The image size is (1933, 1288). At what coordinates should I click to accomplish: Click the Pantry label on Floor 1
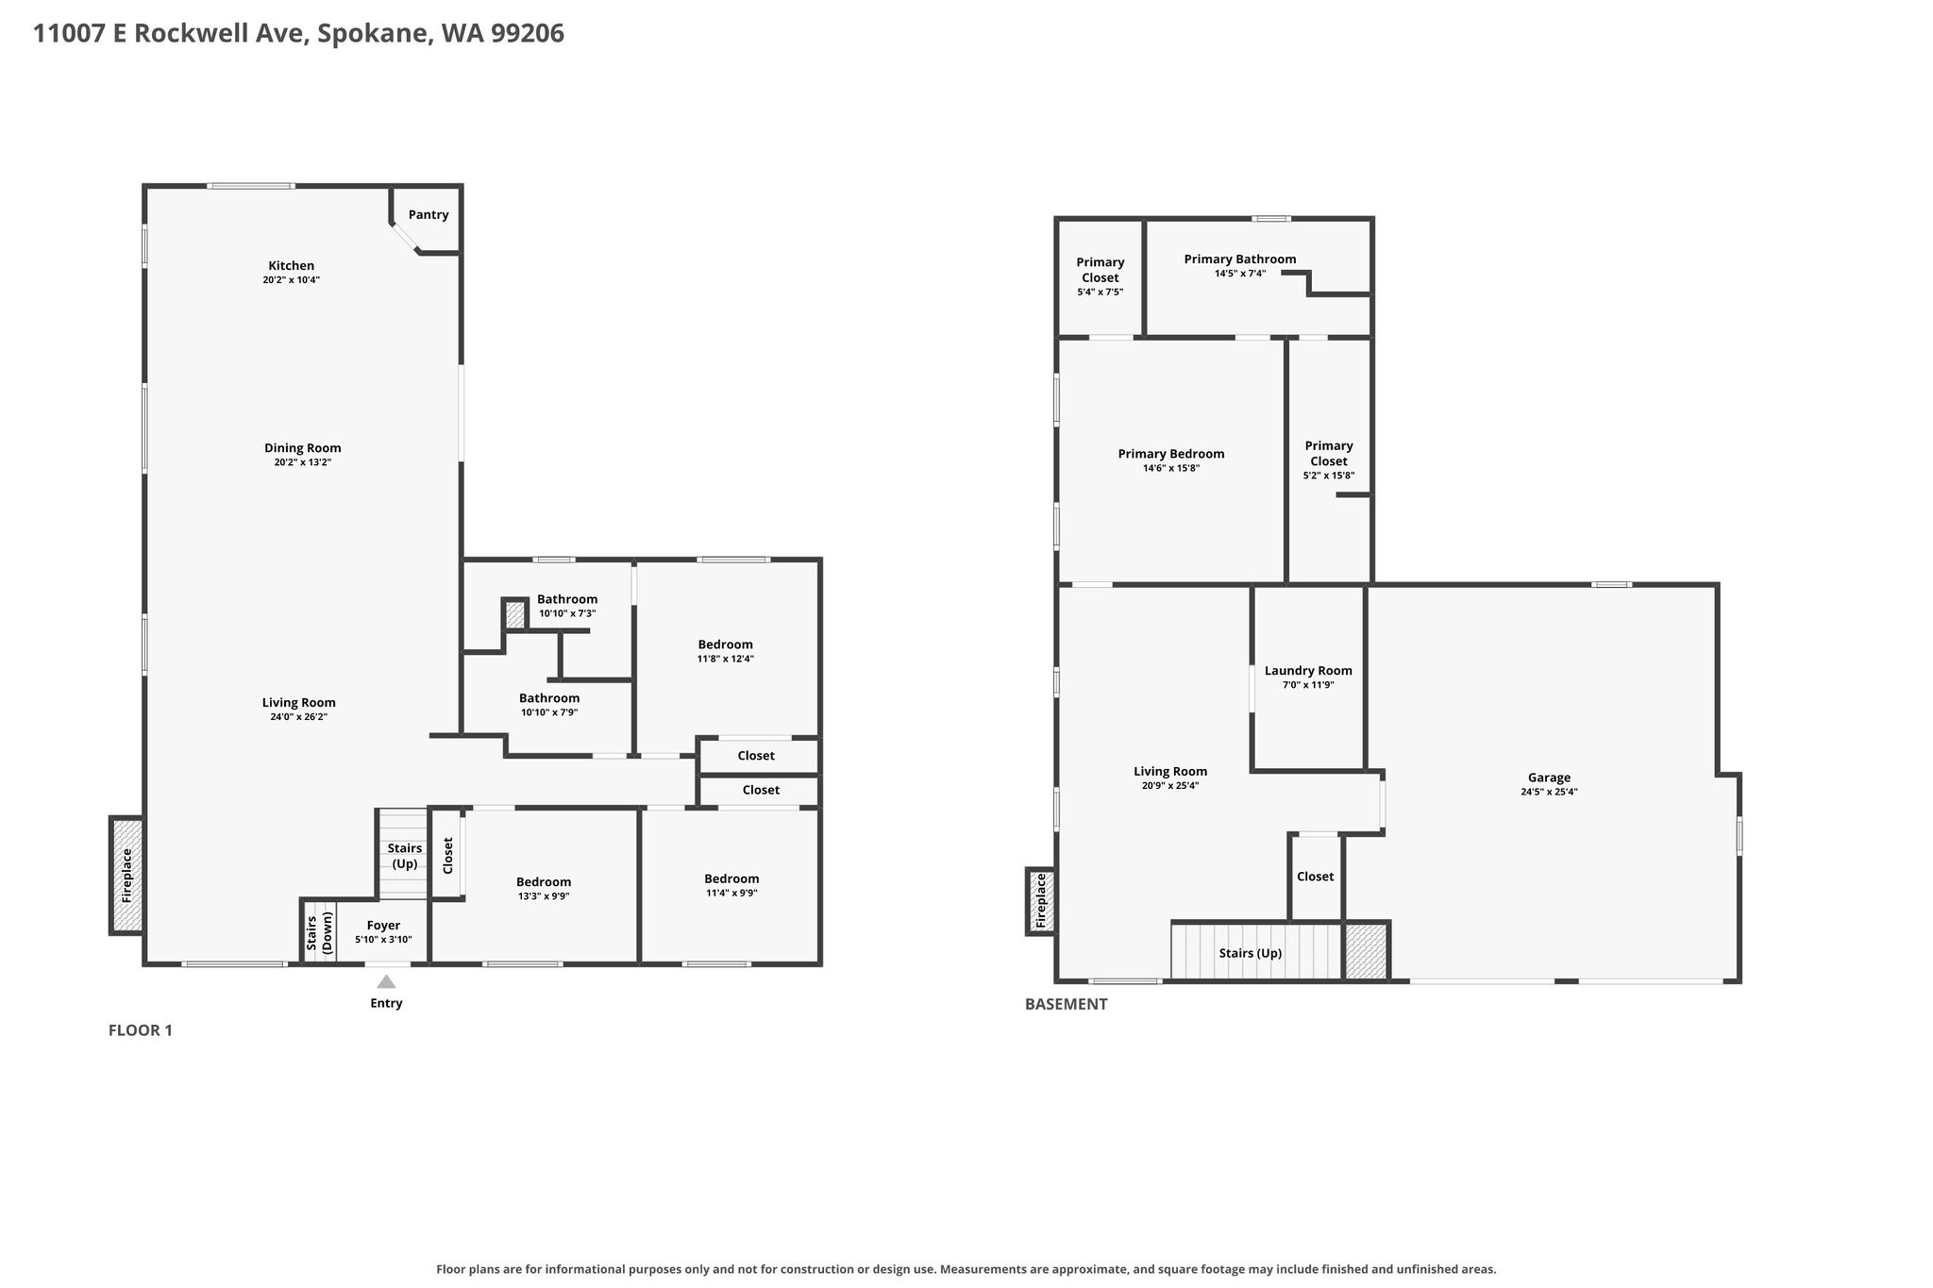[429, 215]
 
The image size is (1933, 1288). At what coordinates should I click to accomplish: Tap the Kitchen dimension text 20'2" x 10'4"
[292, 280]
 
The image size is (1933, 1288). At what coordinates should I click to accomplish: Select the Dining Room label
[303, 448]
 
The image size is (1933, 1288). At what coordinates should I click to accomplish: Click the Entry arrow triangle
[386, 981]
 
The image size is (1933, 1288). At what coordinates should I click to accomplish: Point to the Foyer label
[383, 926]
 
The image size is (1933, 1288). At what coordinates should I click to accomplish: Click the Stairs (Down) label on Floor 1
[319, 932]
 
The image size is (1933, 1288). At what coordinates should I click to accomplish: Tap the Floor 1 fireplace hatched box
[127, 875]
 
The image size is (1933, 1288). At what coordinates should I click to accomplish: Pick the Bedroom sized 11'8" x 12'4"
[726, 644]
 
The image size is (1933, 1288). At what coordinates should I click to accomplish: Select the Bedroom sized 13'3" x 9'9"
[544, 882]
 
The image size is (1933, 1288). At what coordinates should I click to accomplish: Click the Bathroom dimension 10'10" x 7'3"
[567, 613]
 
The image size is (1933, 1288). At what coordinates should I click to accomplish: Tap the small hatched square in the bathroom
[514, 614]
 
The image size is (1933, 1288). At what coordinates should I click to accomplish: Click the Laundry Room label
[1308, 671]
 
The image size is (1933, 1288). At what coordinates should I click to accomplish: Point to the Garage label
[1549, 778]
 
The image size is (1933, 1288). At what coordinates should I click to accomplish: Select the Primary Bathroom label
[1240, 259]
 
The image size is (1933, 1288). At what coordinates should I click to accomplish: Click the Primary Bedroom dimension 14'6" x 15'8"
[1171, 468]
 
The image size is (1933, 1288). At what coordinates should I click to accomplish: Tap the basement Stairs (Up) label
[1251, 953]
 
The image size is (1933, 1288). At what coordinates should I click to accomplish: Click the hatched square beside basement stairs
[1366, 951]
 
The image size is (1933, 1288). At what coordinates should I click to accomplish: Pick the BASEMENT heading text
[1067, 1004]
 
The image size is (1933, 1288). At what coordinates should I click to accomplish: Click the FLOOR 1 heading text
[141, 1030]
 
